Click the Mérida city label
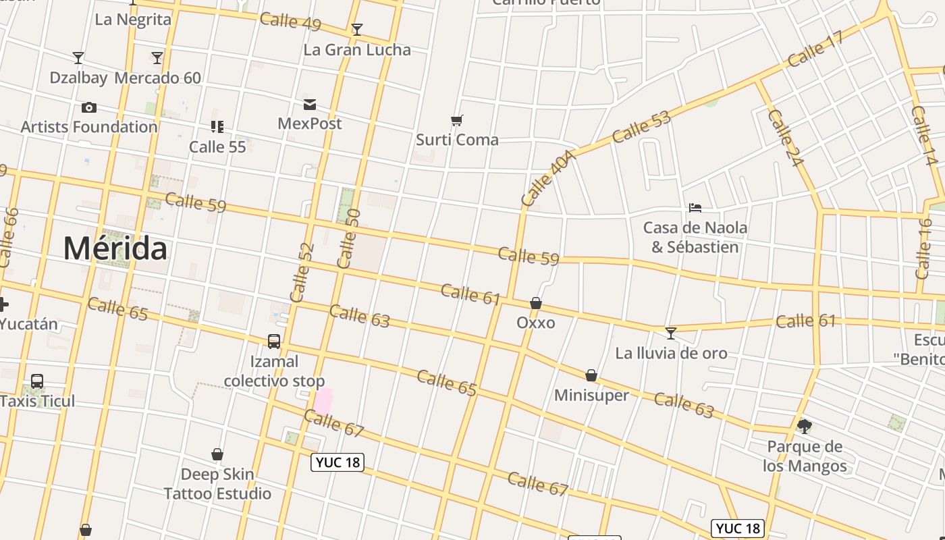(x=115, y=249)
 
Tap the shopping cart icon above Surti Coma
(x=457, y=121)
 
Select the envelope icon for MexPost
(x=310, y=104)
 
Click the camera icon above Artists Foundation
(x=88, y=107)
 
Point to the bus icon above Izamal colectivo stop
(x=274, y=342)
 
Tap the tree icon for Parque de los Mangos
(x=804, y=427)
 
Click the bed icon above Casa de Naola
(x=695, y=208)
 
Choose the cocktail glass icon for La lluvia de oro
(x=670, y=333)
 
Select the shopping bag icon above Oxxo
(x=536, y=303)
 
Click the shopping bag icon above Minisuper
(x=591, y=375)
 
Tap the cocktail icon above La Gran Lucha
(x=357, y=30)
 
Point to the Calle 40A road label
(x=547, y=178)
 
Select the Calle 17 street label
(x=815, y=49)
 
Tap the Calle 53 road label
(x=641, y=127)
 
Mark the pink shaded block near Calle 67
(x=323, y=401)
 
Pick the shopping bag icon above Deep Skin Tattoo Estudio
(x=217, y=454)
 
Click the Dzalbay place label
(x=78, y=78)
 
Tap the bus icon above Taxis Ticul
(x=37, y=381)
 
